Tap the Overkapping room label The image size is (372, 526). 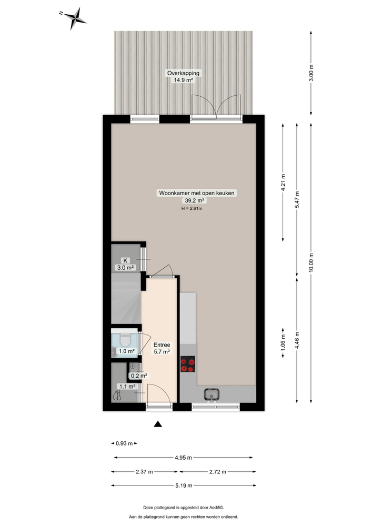[x=183, y=76]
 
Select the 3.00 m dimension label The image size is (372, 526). [x=311, y=72]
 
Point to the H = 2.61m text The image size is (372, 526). [x=192, y=208]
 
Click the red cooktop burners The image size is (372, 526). [x=187, y=365]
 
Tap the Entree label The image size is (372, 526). [x=162, y=345]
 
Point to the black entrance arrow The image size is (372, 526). [x=157, y=424]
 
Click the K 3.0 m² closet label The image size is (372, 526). [x=126, y=264]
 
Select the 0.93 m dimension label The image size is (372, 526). [x=125, y=443]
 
